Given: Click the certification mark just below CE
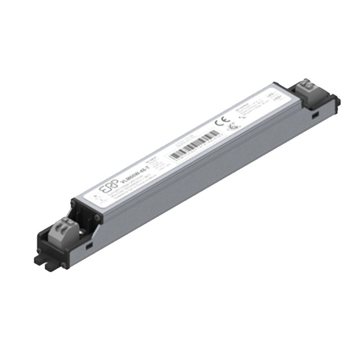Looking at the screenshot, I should [230, 127].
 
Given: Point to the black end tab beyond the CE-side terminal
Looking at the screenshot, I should [337, 102].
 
